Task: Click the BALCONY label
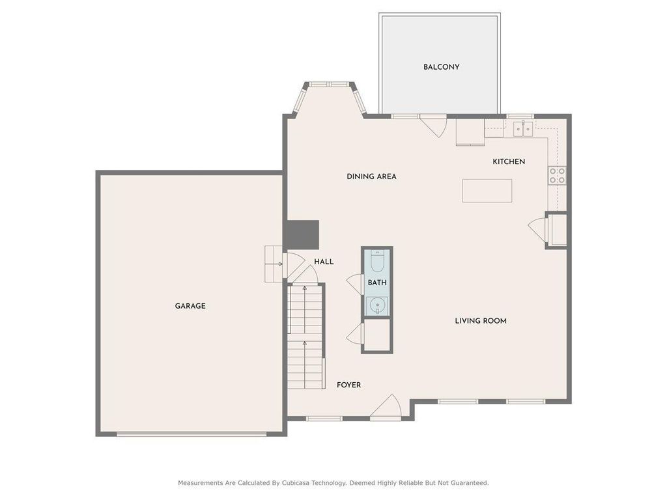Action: pyautogui.click(x=441, y=67)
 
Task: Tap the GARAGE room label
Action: pyautogui.click(x=190, y=306)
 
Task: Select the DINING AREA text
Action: pyautogui.click(x=371, y=176)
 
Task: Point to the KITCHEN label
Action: pyautogui.click(x=509, y=161)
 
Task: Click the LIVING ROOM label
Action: pyautogui.click(x=481, y=321)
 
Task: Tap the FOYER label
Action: pyautogui.click(x=348, y=385)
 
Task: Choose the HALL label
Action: pyautogui.click(x=324, y=262)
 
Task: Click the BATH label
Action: pyautogui.click(x=377, y=283)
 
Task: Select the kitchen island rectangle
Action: pyautogui.click(x=487, y=191)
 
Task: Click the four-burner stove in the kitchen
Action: pyautogui.click(x=557, y=174)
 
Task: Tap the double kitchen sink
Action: pyautogui.click(x=522, y=128)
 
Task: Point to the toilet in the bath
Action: pyautogui.click(x=377, y=262)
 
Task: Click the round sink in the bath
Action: pyautogui.click(x=376, y=305)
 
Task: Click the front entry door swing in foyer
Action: pyautogui.click(x=387, y=408)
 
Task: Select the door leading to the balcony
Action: pyautogui.click(x=433, y=124)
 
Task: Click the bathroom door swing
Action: pyautogui.click(x=355, y=284)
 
